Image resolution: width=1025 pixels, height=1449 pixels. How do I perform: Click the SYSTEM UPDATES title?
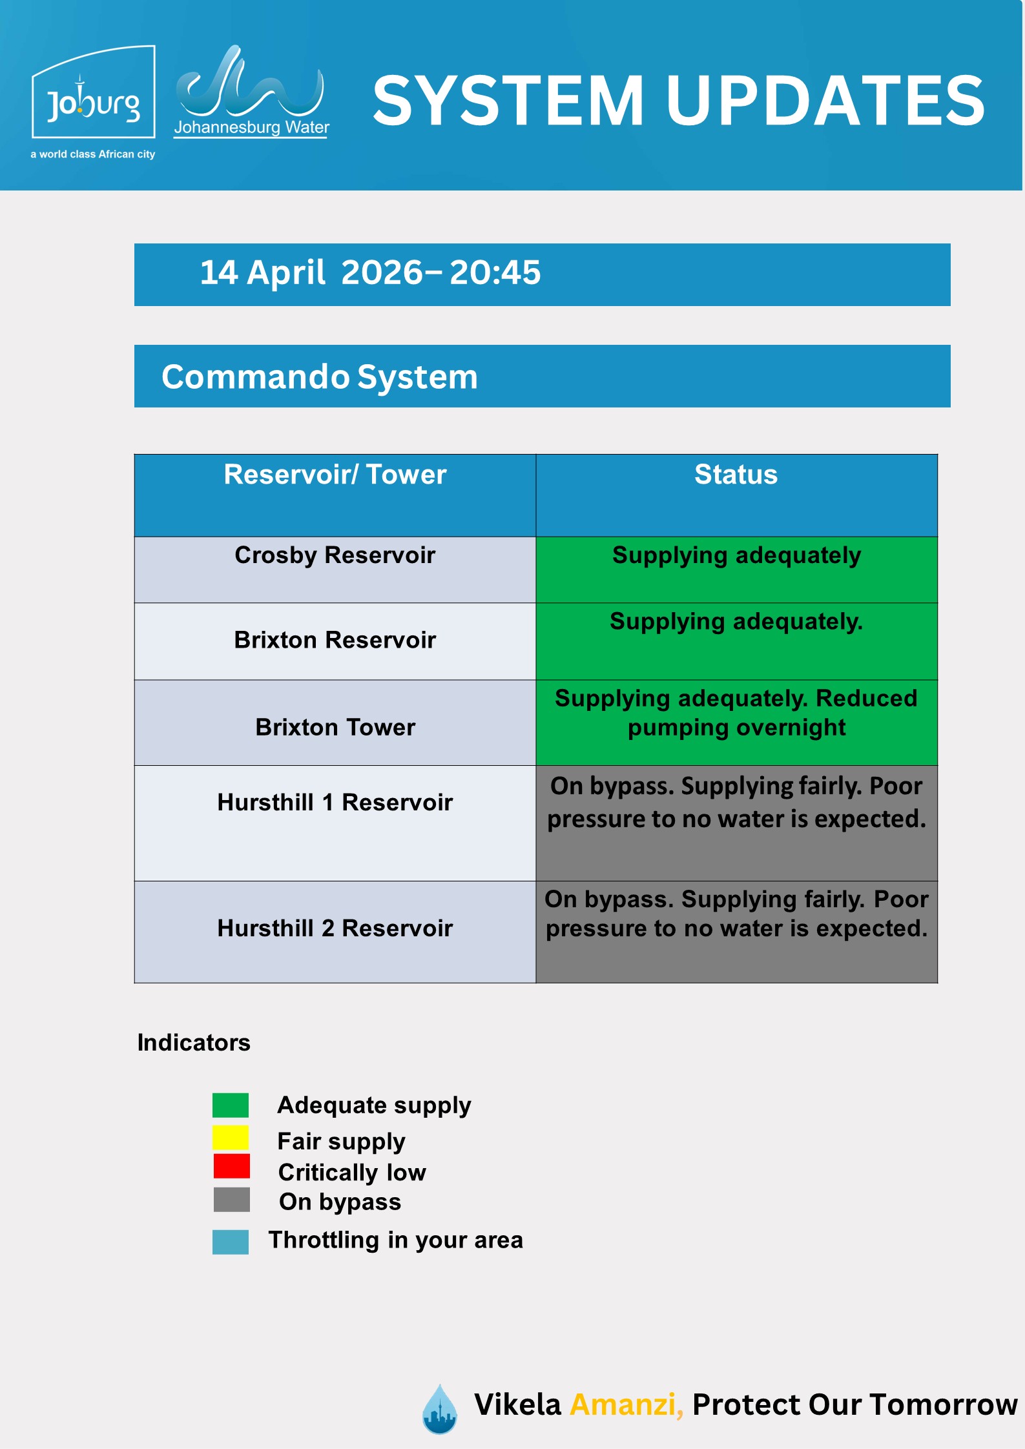[678, 101]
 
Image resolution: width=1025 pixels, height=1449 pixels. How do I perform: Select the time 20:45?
[495, 272]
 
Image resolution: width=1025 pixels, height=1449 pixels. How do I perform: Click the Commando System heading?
[319, 376]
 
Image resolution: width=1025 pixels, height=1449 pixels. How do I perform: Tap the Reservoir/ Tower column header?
[335, 475]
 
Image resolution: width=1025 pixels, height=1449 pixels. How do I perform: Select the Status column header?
[736, 475]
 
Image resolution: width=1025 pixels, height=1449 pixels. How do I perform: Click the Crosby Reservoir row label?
[335, 555]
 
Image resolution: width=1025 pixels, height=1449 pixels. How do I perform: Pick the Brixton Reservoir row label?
[335, 640]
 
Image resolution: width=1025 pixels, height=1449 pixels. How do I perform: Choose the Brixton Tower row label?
[335, 727]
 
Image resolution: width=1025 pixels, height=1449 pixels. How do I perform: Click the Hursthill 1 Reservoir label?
[335, 802]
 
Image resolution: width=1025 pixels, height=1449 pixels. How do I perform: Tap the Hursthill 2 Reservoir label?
[335, 928]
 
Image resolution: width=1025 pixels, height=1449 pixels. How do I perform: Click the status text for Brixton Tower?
[736, 713]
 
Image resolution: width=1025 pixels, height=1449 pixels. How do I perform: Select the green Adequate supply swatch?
[231, 1105]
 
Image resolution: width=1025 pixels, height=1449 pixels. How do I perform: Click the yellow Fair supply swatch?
[231, 1138]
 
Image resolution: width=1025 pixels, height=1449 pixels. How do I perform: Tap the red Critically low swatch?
[231, 1166]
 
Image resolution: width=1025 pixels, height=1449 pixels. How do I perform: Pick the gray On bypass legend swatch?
[231, 1200]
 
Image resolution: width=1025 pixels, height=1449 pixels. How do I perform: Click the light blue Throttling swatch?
[231, 1242]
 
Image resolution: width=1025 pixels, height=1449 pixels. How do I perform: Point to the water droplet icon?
[439, 1409]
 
